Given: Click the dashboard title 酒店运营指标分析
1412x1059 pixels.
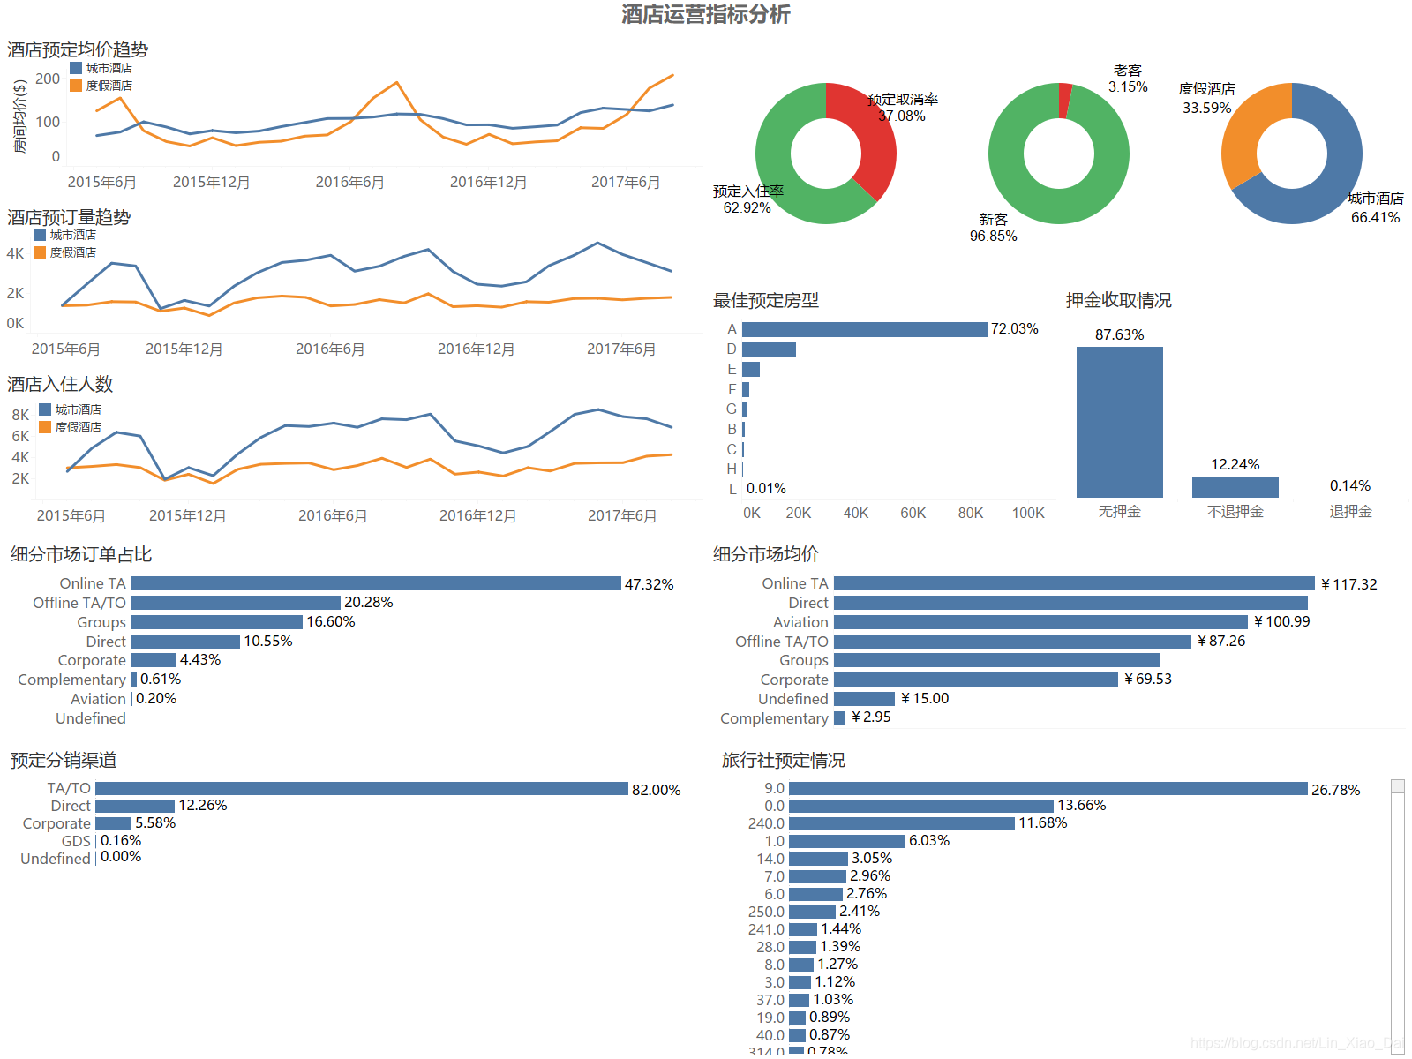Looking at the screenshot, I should pyautogui.click(x=705, y=14).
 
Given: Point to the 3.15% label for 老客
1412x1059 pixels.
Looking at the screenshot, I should pyautogui.click(x=1128, y=86).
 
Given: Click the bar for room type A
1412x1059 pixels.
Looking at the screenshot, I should pyautogui.click(x=864, y=329).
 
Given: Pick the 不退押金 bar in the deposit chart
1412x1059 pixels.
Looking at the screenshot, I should pyautogui.click(x=1235, y=487).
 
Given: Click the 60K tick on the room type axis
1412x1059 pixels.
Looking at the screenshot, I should pyautogui.click(x=913, y=513).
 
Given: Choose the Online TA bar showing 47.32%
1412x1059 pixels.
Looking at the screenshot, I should pyautogui.click(x=375, y=583).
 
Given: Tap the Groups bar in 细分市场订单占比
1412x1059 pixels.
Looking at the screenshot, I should pyautogui.click(x=216, y=622).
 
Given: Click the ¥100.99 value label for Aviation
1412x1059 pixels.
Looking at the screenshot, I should pyautogui.click(x=1282, y=622).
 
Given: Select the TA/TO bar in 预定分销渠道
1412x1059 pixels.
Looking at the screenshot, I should pyautogui.click(x=361, y=788).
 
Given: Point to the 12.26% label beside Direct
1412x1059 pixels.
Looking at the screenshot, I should pyautogui.click(x=203, y=805).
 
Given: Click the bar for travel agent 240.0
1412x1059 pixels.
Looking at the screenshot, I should pyautogui.click(x=901, y=823).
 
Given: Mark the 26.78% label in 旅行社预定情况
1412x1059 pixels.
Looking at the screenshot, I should pyautogui.click(x=1335, y=790).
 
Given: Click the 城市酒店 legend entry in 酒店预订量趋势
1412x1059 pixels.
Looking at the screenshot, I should pyautogui.click(x=66, y=235).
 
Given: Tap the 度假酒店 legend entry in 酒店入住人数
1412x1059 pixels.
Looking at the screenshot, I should pyautogui.click(x=71, y=427).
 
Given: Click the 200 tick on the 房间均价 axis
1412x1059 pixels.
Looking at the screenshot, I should pyautogui.click(x=48, y=79).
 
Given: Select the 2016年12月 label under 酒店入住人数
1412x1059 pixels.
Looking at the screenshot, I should pyautogui.click(x=477, y=515).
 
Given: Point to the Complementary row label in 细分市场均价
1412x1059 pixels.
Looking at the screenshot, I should pyautogui.click(x=774, y=718).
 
